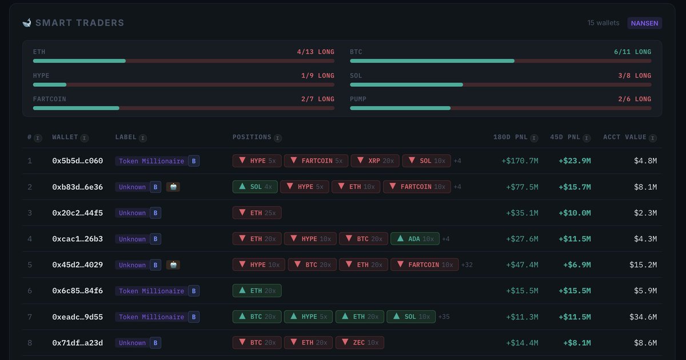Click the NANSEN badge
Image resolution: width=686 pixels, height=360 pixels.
coord(644,23)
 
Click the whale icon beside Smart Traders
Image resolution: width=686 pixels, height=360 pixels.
coord(27,23)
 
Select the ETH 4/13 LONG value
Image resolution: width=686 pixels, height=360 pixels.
coord(316,52)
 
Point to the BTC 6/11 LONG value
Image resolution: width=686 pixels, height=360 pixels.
coord(632,52)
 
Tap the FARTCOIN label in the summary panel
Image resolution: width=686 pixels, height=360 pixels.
coord(50,99)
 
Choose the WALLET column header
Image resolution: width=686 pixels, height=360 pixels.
coord(65,137)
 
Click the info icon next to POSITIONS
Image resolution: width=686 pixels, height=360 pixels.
coord(277,138)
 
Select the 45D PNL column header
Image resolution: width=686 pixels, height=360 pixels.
coord(564,137)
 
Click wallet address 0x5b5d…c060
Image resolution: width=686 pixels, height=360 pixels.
coord(78,161)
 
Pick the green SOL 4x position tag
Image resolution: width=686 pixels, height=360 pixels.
coord(255,187)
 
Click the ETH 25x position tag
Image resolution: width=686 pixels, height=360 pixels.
coord(257,213)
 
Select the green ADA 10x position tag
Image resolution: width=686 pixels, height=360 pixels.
coord(415,239)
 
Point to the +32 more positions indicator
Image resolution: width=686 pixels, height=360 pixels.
coord(467,265)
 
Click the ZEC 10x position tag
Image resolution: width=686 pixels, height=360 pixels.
coord(360,343)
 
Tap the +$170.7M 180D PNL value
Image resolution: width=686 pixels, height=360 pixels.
coord(520,161)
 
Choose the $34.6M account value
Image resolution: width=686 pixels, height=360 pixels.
coord(645,317)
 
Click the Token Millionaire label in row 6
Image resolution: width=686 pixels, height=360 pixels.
coord(151,291)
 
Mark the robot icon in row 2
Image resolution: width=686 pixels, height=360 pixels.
coord(173,187)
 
